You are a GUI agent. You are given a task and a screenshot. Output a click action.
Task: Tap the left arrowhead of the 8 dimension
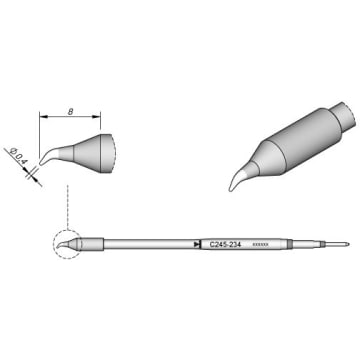click(42, 118)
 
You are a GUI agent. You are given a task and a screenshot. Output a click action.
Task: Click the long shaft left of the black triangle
click(145, 243)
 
